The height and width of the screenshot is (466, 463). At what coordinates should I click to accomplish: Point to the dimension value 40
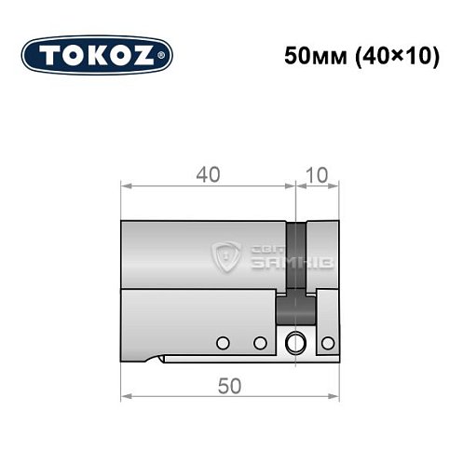coord(208,172)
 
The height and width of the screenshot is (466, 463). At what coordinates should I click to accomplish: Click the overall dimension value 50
coord(228,385)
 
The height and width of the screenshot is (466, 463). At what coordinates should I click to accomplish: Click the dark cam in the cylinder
coord(297,270)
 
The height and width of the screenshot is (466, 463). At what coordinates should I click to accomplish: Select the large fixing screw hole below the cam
coord(297,342)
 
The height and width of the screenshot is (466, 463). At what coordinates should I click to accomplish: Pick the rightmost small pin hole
coord(327,342)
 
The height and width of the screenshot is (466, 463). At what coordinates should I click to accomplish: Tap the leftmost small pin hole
coord(223,342)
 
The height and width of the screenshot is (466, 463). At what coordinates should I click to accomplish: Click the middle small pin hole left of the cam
coord(260,342)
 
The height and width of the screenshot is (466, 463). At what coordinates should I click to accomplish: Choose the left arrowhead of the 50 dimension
coord(125,398)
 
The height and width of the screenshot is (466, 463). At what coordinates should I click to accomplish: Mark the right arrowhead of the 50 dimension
coord(336,398)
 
